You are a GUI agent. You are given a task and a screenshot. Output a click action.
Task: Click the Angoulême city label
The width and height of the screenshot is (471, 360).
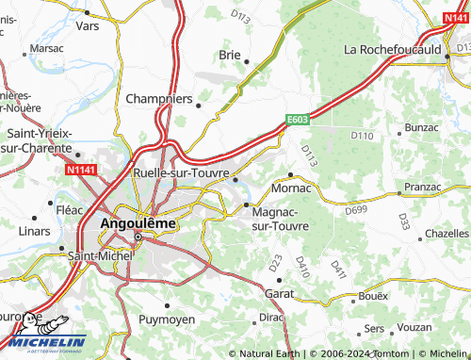(138, 223)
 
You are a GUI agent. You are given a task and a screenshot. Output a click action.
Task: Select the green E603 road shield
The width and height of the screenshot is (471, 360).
(299, 120)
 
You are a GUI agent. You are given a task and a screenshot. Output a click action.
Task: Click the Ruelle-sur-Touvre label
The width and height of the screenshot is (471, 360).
(182, 173)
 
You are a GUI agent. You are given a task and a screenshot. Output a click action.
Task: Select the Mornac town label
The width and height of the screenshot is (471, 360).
(290, 188)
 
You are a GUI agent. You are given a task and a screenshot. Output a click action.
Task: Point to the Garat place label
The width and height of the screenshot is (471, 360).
(280, 294)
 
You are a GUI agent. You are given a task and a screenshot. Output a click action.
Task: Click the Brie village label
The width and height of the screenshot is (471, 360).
(230, 55)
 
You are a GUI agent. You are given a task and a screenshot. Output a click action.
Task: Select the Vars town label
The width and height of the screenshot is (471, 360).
(87, 28)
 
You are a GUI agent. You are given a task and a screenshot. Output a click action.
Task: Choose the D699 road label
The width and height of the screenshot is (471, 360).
(356, 209)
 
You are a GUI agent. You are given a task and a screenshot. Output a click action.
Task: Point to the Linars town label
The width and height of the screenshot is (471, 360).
(34, 231)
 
